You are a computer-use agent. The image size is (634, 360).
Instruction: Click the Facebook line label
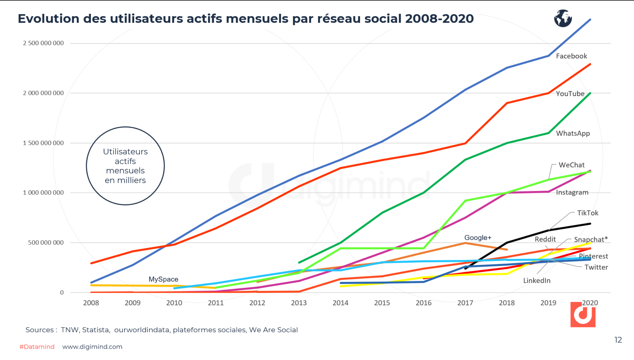[571, 56]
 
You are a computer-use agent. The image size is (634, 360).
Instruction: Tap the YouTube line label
[570, 94]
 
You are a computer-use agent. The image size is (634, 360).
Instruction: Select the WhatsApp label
[573, 133]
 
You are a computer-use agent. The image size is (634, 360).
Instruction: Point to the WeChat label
[571, 165]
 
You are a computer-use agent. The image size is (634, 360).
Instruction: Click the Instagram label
[572, 192]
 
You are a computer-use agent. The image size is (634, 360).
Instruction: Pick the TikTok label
[588, 213]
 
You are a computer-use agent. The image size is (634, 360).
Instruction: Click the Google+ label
[478, 237]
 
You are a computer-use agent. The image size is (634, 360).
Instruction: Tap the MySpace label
[163, 279]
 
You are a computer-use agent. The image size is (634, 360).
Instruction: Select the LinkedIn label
[537, 281]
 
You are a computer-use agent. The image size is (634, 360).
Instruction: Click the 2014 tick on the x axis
[340, 303]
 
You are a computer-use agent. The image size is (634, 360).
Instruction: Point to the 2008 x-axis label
[91, 303]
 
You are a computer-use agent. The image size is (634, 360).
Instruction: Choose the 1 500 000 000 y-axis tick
[43, 143]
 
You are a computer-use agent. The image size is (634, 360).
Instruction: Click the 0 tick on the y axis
[62, 292]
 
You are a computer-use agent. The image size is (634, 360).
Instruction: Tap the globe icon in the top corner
[563, 18]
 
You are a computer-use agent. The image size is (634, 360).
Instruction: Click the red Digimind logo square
[583, 315]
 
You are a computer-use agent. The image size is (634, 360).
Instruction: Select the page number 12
[618, 340]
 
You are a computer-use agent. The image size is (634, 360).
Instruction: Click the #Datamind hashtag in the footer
[37, 347]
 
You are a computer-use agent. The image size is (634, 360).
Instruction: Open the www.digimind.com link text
[92, 347]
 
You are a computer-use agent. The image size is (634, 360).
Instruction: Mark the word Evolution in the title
[48, 19]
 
